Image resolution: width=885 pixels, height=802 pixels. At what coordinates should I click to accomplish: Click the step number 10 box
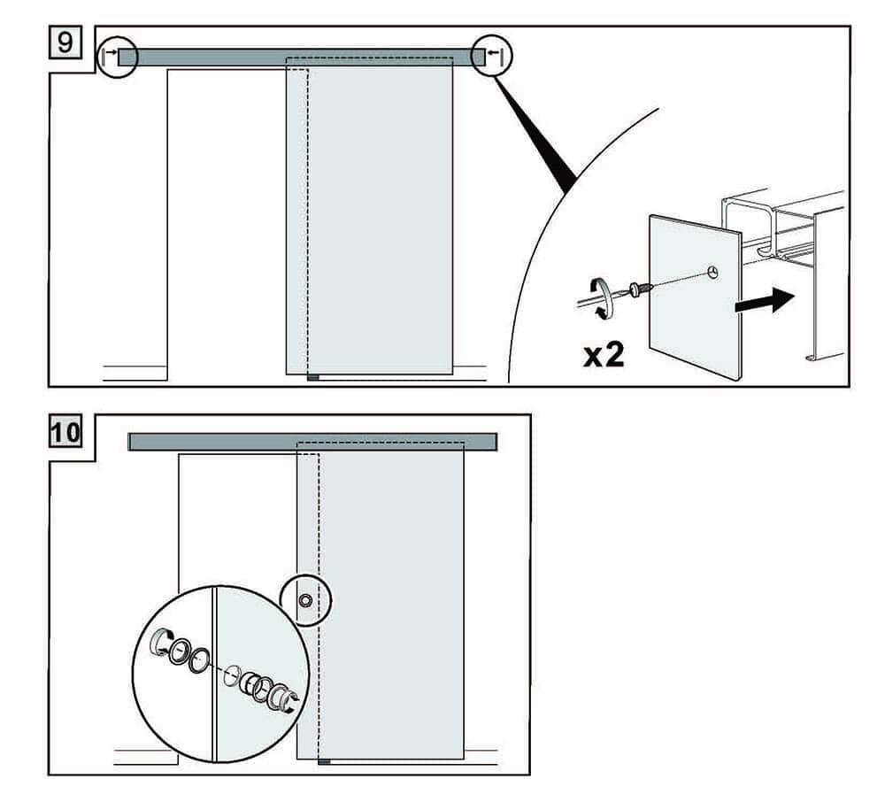click(x=65, y=434)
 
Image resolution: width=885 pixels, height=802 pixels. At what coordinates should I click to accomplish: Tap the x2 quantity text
click(x=604, y=356)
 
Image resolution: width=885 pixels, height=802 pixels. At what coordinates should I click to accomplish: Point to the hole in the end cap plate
click(x=713, y=271)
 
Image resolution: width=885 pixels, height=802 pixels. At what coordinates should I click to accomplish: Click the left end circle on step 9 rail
click(x=117, y=57)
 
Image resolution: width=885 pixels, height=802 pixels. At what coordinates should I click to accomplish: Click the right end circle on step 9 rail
click(x=491, y=57)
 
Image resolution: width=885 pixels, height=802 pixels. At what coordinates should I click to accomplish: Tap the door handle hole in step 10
click(x=305, y=601)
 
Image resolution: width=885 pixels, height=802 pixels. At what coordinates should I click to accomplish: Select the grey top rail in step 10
click(x=313, y=442)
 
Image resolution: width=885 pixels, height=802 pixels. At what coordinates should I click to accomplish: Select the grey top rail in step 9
click(x=301, y=57)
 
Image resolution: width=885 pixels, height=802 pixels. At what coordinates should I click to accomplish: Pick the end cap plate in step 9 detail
click(x=695, y=297)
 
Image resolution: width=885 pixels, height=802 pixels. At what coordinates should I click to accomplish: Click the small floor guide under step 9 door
click(x=312, y=377)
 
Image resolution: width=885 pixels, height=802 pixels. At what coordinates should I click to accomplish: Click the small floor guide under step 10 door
click(x=324, y=760)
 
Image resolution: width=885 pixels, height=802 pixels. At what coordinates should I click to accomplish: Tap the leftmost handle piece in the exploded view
click(x=159, y=642)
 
